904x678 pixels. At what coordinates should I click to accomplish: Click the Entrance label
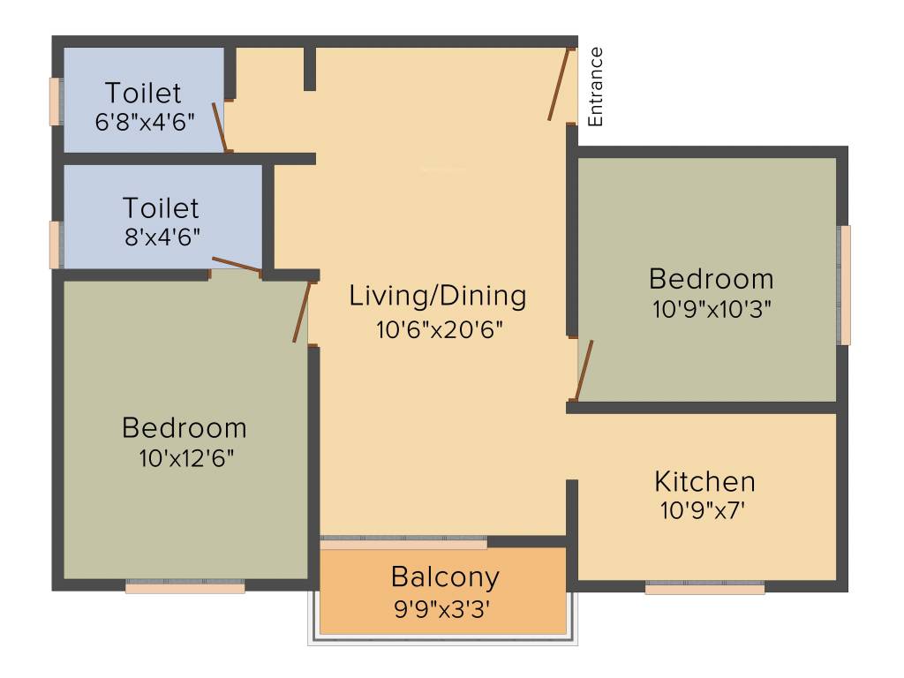pyautogui.click(x=596, y=87)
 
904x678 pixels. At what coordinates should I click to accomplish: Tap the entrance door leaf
pyautogui.click(x=558, y=84)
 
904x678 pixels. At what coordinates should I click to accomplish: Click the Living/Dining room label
pyautogui.click(x=437, y=295)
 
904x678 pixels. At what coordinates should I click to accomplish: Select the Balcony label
pyautogui.click(x=445, y=577)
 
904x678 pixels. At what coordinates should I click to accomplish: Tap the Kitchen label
pyautogui.click(x=704, y=482)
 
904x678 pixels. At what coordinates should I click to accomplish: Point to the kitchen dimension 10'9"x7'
pyautogui.click(x=704, y=510)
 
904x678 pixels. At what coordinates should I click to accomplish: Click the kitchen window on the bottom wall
pyautogui.click(x=704, y=587)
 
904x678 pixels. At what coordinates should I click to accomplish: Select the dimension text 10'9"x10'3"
pyautogui.click(x=711, y=309)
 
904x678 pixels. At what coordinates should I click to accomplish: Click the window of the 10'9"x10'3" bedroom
pyautogui.click(x=845, y=284)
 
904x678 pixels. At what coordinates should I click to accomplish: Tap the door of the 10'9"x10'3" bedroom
pyautogui.click(x=584, y=371)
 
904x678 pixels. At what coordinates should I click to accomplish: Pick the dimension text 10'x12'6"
pyautogui.click(x=185, y=458)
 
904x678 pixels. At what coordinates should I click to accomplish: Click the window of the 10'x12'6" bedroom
pyautogui.click(x=185, y=586)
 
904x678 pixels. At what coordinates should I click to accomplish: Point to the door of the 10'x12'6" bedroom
pyautogui.click(x=302, y=312)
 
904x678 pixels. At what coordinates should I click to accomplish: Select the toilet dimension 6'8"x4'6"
pyautogui.click(x=144, y=120)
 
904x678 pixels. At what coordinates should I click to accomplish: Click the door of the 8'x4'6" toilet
pyautogui.click(x=236, y=264)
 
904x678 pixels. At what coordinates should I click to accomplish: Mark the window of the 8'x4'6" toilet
pyautogui.click(x=56, y=244)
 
